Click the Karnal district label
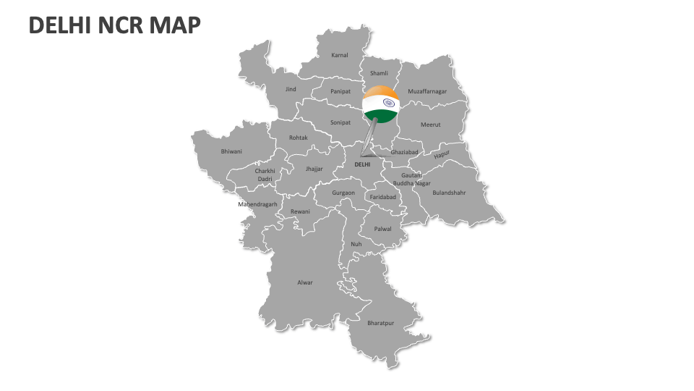340,55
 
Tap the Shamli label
379,73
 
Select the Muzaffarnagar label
427,91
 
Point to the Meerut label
431,125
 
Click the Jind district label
291,89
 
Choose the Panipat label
340,91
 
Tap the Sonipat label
340,122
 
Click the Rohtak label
299,138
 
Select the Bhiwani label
231,151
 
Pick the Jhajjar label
314,169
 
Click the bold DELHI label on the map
362,164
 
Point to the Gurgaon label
343,193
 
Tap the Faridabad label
383,197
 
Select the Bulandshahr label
449,193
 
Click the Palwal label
382,229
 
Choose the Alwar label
305,282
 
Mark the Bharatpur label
381,322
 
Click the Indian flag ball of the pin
381,103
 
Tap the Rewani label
300,211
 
